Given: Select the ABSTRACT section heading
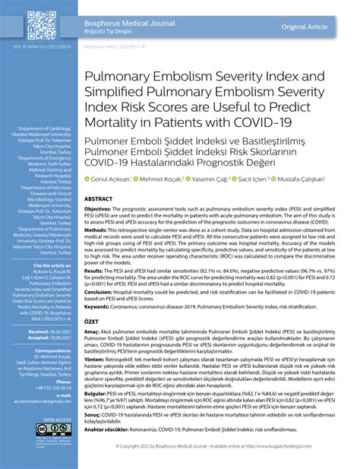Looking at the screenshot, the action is [99, 197].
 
